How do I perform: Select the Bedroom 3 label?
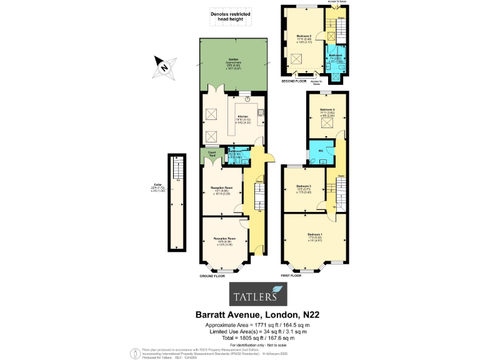pos(304,187)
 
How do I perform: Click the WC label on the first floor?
pos(320,151)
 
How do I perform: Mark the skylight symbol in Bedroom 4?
pos(326,123)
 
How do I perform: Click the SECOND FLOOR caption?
pos(292,81)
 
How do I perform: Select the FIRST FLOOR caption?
pos(291,276)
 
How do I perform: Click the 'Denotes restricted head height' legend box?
pos(230,16)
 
